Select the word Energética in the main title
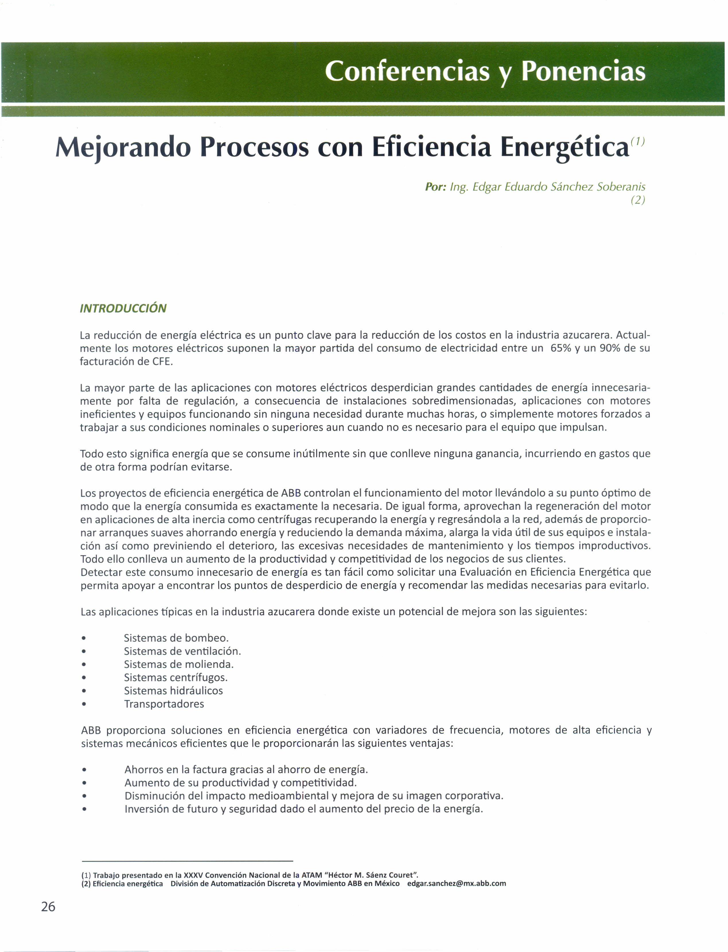(565, 148)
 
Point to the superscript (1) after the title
(638, 141)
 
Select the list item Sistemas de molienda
(178, 664)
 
